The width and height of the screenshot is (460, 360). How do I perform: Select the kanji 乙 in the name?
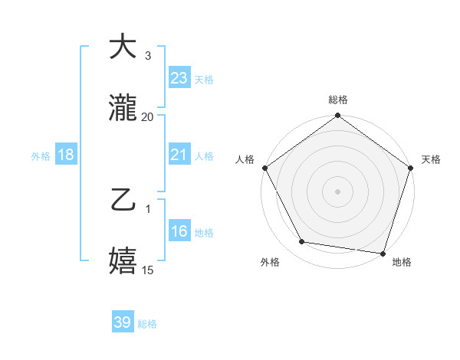coord(123,201)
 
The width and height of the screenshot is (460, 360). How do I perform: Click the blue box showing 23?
coord(179,78)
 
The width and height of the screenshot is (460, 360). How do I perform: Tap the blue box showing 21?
coord(179,155)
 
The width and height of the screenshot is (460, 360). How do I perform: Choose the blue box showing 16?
coord(179,232)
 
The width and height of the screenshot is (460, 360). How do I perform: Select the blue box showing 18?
coord(66,155)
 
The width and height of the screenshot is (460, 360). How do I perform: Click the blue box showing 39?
coord(123,322)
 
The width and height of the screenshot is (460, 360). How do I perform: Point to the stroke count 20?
coord(148,117)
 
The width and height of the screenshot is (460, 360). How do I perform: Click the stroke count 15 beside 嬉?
coord(148,270)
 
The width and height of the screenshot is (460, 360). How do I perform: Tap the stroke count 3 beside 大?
coord(148,56)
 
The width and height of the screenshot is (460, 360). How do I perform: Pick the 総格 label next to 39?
coord(147,324)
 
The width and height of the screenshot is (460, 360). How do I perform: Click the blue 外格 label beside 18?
coord(41,155)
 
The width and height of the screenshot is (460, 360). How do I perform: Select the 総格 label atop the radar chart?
coord(337,100)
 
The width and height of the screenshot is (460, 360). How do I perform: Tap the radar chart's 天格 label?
coord(431,159)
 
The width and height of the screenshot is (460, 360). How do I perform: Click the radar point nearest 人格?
coord(264,168)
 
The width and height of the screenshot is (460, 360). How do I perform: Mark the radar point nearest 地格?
coord(383,253)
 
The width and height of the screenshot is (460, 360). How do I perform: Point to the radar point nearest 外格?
coord(302,242)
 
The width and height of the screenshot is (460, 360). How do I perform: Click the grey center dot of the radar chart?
coord(337,191)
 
